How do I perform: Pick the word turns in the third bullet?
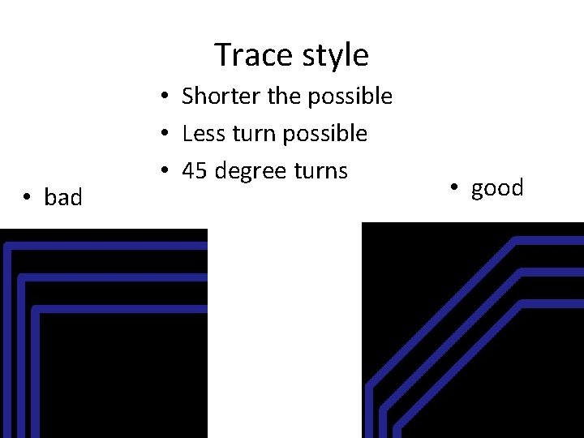[x=321, y=170]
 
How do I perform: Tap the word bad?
[x=63, y=197]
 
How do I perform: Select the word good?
[x=497, y=188]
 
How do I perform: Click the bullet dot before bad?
[x=27, y=197]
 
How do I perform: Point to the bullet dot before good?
[x=455, y=188]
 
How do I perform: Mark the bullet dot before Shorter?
[x=164, y=97]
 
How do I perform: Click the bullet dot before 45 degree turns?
[x=164, y=171]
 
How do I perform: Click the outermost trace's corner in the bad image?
[x=8, y=246]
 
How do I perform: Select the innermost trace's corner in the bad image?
[x=36, y=309]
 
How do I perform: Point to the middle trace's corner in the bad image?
[x=22, y=278]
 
